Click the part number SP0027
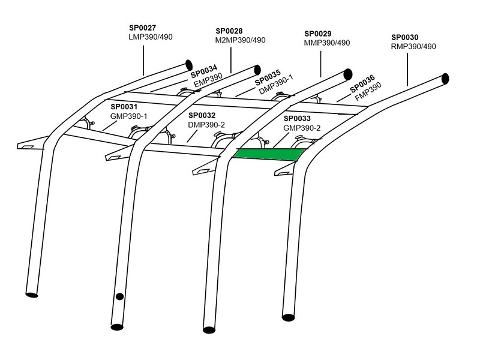click(x=142, y=27)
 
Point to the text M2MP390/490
click(x=240, y=40)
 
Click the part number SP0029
click(x=318, y=34)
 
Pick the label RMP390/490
click(x=413, y=46)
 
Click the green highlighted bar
click(x=267, y=155)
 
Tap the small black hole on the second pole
click(x=119, y=296)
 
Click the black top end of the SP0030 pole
click(x=446, y=79)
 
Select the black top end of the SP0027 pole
click(x=188, y=63)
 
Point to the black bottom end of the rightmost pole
click(x=289, y=316)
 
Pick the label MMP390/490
click(x=328, y=43)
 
